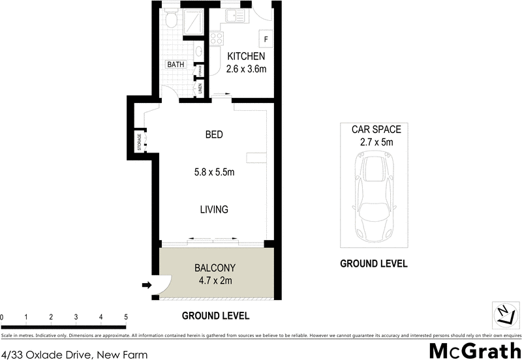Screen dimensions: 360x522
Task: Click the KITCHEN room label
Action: coord(246,57)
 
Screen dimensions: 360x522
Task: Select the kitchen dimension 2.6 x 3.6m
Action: coord(246,69)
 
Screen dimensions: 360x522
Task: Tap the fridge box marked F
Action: coord(266,38)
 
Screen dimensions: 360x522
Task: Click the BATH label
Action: coord(176,65)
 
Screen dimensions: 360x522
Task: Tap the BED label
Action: coord(214,135)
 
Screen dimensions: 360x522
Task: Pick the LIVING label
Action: coord(213,209)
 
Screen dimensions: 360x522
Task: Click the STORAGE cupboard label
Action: coord(139,142)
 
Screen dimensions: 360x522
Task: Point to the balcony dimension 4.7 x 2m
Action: coord(215,281)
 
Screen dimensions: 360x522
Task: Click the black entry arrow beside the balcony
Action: coord(147,284)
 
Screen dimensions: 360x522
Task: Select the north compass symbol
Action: coord(502,314)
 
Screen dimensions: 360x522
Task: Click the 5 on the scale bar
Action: coord(125,317)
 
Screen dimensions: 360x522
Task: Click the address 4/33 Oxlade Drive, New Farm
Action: coord(74,355)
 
